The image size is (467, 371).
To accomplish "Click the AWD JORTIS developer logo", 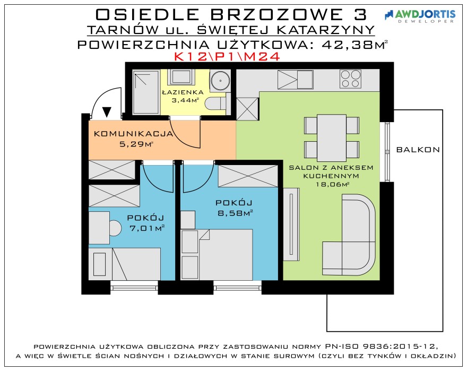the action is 420,16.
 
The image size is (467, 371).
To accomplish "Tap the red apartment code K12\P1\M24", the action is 227,57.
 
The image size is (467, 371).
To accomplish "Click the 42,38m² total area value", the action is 355,45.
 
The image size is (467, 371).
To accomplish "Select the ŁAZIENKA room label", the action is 183,92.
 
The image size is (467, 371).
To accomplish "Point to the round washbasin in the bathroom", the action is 220,80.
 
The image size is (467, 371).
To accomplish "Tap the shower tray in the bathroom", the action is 145,92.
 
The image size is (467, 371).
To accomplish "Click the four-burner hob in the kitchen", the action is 350,79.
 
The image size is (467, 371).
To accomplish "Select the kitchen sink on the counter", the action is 295,79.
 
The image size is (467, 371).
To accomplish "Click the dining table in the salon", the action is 332,137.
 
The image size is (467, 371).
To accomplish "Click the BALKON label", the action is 418,150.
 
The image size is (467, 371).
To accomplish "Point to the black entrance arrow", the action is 107,111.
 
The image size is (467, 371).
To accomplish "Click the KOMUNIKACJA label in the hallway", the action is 133,134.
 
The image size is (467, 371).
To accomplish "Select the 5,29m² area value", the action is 136,144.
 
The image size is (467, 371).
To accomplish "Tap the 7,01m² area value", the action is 147,228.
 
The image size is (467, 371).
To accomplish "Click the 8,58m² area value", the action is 235,213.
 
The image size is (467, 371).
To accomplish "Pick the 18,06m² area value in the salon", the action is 332,184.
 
